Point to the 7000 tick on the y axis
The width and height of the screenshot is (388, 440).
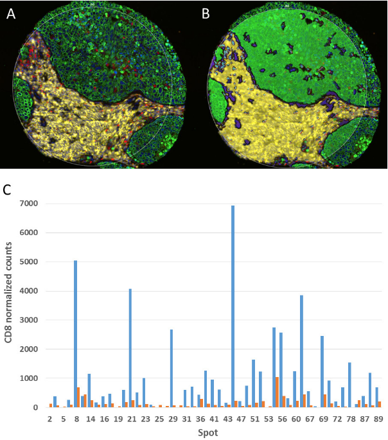[x=30, y=204]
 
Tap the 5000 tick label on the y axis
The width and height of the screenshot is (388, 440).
[x=30, y=262]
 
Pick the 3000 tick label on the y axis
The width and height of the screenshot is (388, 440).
[x=30, y=321]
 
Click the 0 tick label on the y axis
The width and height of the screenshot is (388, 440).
[x=37, y=407]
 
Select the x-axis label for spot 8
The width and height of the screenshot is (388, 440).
[x=77, y=418]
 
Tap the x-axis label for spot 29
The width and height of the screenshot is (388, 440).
[x=172, y=418]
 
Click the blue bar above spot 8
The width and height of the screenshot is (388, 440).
[x=75, y=333]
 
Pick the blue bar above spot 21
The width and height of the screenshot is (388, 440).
[x=130, y=348]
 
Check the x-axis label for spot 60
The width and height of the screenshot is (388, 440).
[x=295, y=418]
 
